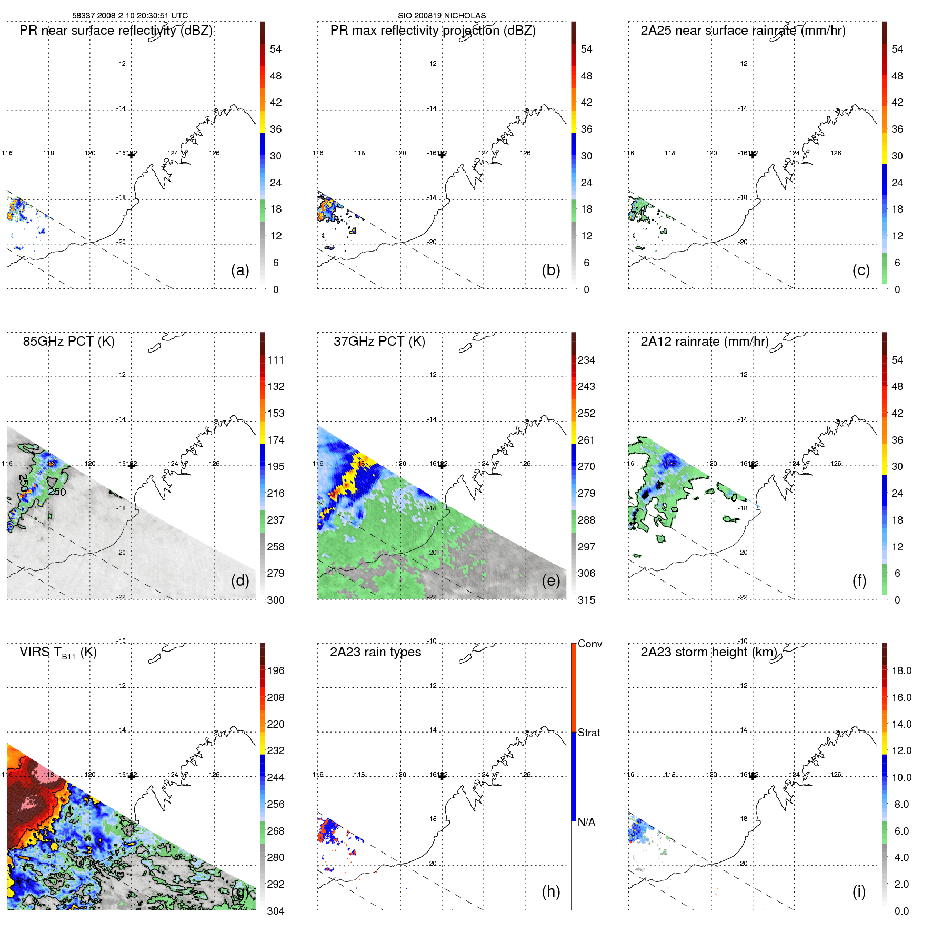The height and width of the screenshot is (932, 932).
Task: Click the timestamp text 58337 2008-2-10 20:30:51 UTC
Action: pyautogui.click(x=129, y=15)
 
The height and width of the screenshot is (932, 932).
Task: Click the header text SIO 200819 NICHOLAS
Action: pyautogui.click(x=442, y=15)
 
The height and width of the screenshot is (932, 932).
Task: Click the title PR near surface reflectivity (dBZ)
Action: pyautogui.click(x=116, y=31)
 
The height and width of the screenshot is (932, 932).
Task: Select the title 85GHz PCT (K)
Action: pyautogui.click(x=68, y=342)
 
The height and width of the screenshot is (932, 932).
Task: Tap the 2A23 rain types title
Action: pyautogui.click(x=375, y=652)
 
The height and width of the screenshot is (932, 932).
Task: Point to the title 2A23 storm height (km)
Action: pyautogui.click(x=708, y=652)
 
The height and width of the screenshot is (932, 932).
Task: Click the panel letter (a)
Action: pyautogui.click(x=240, y=270)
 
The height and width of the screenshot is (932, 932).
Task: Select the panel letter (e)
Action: pyautogui.click(x=550, y=580)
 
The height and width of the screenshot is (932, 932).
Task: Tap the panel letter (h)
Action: pyautogui.click(x=550, y=891)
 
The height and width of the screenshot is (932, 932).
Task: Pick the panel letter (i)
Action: pyautogui.click(x=859, y=891)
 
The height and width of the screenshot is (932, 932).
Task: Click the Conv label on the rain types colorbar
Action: pyautogui.click(x=589, y=644)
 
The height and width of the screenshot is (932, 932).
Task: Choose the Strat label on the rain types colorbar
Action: pyautogui.click(x=588, y=733)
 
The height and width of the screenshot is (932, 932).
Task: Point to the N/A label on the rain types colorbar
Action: pyautogui.click(x=586, y=822)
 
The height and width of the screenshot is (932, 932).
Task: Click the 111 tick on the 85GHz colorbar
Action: pyautogui.click(x=276, y=360)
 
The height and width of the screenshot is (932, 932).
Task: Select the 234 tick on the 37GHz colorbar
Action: pyautogui.click(x=586, y=360)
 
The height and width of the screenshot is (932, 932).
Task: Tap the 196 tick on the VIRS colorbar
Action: pyautogui.click(x=276, y=670)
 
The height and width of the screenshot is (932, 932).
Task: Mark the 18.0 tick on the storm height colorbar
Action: pyautogui.click(x=901, y=670)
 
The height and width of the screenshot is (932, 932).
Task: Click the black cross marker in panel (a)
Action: pyautogui.click(x=132, y=155)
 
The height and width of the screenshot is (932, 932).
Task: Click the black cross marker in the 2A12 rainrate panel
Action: pyautogui.click(x=753, y=465)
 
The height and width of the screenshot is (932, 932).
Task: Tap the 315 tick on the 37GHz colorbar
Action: pyautogui.click(x=586, y=600)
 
